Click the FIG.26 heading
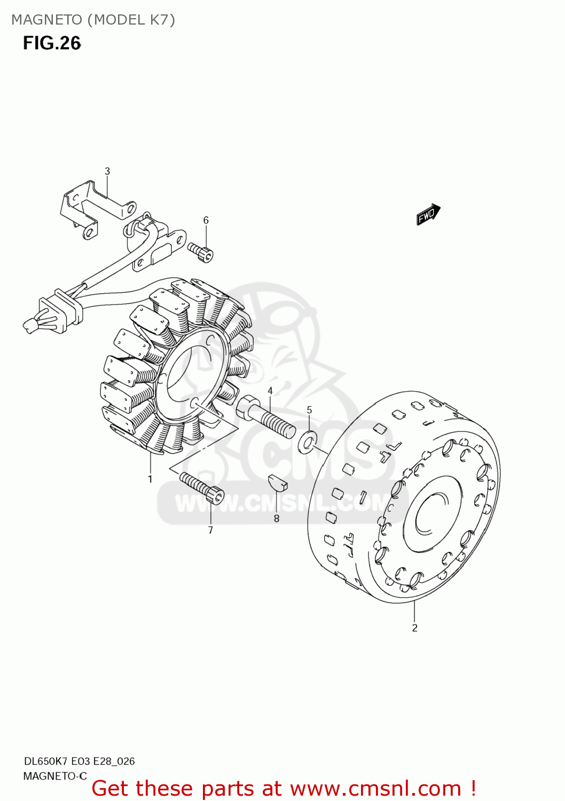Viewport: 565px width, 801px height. [x=52, y=43]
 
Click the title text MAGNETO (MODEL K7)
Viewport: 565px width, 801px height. [x=93, y=20]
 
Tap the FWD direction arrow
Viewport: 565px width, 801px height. [x=428, y=214]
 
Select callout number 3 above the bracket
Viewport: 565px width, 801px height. [x=107, y=171]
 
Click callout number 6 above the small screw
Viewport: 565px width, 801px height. [x=206, y=220]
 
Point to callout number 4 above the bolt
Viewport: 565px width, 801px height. [x=270, y=391]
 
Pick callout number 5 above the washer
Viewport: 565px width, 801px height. [x=309, y=410]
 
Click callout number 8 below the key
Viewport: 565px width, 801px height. [x=277, y=518]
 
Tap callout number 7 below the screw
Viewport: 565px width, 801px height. [x=210, y=530]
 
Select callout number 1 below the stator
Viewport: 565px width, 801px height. [x=150, y=479]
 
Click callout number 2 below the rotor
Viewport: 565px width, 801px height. [x=414, y=628]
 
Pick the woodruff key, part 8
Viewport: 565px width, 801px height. [x=278, y=482]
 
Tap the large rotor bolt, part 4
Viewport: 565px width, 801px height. [x=265, y=415]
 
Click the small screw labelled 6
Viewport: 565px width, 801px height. [x=201, y=252]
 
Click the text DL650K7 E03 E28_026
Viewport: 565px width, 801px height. [x=79, y=761]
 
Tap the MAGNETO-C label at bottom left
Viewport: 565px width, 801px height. [x=54, y=776]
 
